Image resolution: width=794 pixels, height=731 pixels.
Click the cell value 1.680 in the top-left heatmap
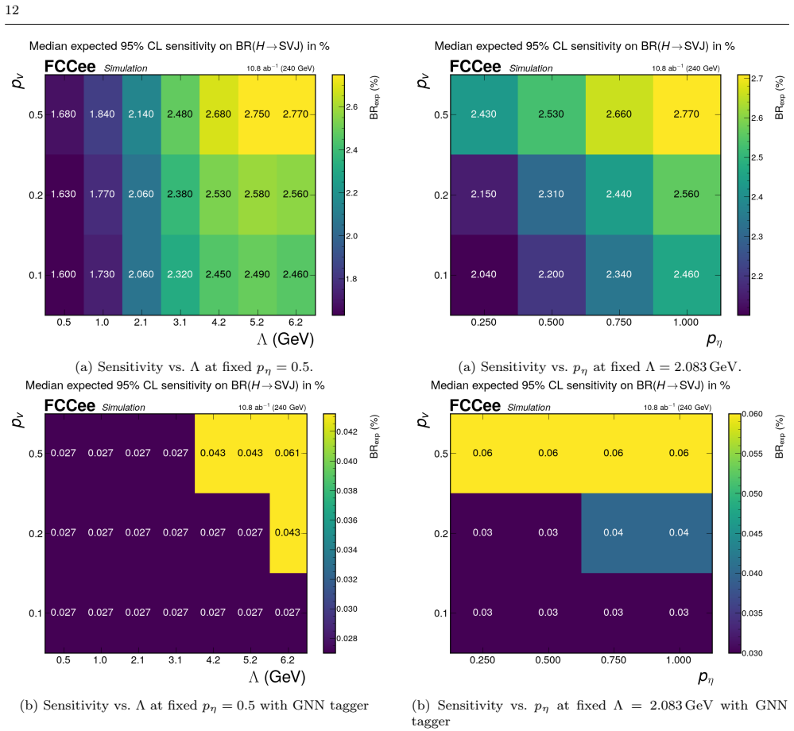64,114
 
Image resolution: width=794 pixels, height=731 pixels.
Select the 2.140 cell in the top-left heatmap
141,114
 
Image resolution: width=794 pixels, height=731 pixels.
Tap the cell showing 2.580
258,195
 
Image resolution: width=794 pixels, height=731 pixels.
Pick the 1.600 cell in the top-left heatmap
64,274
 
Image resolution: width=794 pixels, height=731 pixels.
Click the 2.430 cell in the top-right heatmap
483,114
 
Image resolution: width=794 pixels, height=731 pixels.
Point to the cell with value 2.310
551,195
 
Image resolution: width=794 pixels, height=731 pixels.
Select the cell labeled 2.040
483,274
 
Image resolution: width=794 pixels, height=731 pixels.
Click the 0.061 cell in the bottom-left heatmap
287,453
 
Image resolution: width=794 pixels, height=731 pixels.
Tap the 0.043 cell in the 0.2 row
287,532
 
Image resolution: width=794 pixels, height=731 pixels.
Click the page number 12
12,10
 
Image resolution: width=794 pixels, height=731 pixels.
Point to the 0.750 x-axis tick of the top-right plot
619,323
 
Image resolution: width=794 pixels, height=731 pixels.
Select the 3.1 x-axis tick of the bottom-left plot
175,660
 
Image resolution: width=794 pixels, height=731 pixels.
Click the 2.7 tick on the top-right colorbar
757,79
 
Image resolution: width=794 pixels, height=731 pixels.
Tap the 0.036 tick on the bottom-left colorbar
347,520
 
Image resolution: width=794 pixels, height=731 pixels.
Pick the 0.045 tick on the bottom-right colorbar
753,534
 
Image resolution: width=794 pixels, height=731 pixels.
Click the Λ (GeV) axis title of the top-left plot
285,339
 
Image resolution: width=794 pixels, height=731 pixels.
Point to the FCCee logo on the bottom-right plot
475,406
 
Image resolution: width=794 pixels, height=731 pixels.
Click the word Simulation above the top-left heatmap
126,68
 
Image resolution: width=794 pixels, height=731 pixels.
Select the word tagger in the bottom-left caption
350,706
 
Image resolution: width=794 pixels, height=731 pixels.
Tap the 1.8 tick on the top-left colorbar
351,279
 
